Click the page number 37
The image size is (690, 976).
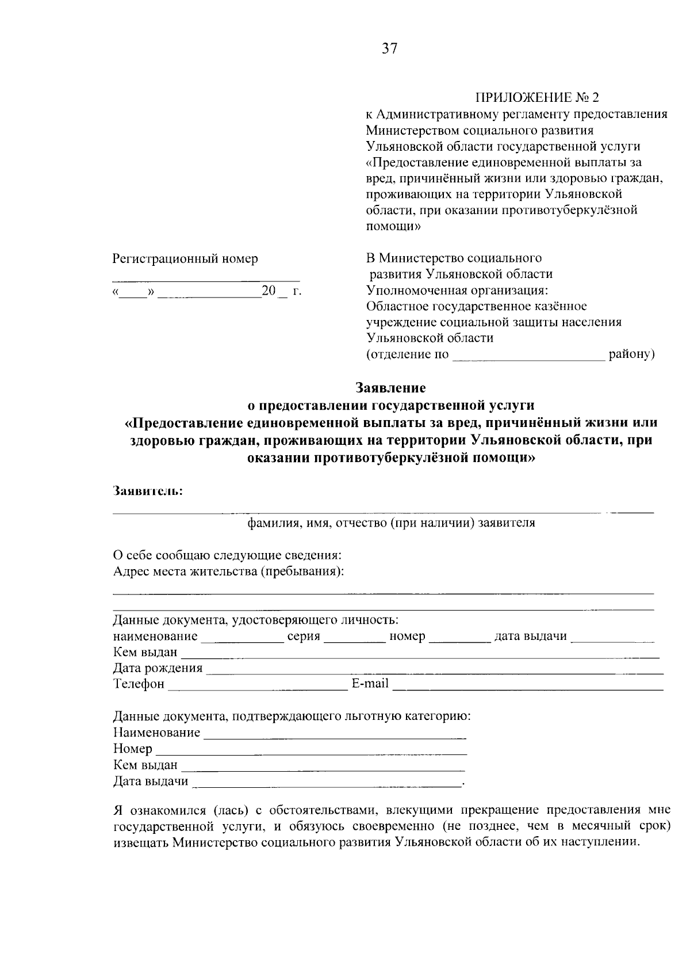point(389,49)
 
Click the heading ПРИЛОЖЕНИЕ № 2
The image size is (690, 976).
point(537,97)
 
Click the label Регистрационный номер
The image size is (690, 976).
point(185,259)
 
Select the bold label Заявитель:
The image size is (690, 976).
point(148,491)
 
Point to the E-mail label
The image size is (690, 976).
point(370,684)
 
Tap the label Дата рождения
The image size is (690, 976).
point(158,668)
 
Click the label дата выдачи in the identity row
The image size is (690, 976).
point(530,636)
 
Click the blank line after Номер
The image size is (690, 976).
point(311,752)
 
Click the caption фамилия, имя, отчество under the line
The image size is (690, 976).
point(391,523)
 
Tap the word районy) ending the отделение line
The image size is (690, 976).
point(631,354)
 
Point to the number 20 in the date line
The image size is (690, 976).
point(269,291)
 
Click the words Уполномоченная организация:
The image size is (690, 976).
point(457,289)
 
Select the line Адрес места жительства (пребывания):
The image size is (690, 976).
point(229,571)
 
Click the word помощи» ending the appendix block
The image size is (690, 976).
point(393,227)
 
